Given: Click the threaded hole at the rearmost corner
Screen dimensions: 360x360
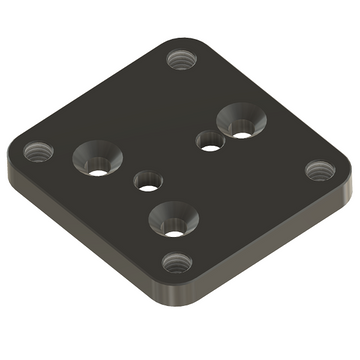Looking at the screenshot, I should point(180,59).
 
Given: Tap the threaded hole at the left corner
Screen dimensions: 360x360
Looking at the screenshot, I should point(39,152).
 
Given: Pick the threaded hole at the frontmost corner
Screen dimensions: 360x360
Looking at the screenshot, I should point(178,264).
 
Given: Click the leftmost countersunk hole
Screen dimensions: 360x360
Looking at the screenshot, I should point(97,156).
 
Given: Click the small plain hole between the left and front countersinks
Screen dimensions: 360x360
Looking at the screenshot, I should point(148,182).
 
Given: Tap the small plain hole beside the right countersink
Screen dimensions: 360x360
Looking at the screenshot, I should point(209,141).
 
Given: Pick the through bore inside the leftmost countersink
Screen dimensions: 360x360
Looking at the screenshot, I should point(97,166).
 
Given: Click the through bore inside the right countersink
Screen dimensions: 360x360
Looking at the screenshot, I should point(242,127).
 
